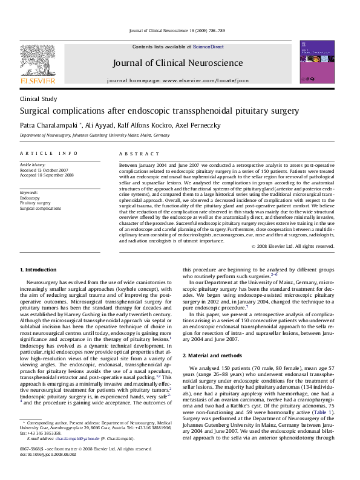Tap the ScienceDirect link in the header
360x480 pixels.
209,47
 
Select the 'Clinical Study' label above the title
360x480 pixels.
38,98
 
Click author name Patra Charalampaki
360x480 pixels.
47,125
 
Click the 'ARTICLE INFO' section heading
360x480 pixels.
49,154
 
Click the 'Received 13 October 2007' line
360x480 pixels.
44,170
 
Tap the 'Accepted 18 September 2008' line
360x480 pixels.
47,176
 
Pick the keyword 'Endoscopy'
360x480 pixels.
30,198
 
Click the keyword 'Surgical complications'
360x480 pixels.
41,209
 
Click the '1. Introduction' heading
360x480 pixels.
39,269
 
